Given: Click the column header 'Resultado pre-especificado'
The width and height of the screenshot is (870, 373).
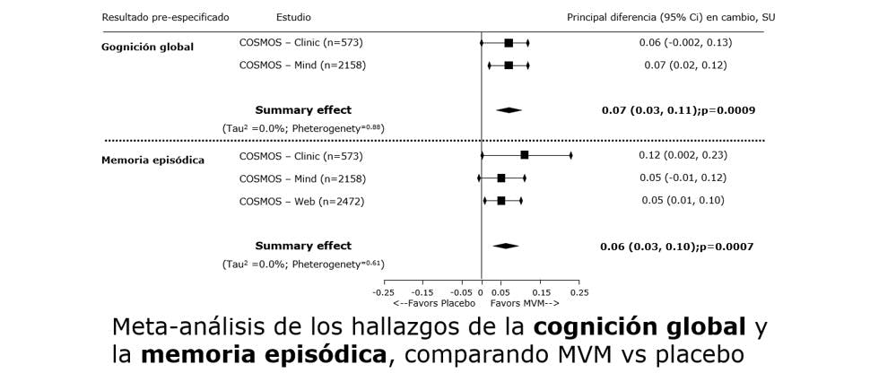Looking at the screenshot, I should [x=165, y=17].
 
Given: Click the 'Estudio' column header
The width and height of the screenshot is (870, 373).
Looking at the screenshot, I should [x=294, y=17].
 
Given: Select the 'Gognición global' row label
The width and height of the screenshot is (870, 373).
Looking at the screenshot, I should [x=147, y=47].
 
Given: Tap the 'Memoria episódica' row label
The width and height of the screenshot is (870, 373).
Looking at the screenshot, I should [x=152, y=160].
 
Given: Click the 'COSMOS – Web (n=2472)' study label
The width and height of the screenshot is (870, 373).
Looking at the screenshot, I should [x=301, y=201].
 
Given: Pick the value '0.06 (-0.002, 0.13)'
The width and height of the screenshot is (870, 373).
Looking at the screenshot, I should [x=685, y=42].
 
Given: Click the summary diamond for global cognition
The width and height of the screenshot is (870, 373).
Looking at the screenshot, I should [x=509, y=110].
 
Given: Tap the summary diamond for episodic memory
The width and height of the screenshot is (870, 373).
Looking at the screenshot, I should [x=505, y=246].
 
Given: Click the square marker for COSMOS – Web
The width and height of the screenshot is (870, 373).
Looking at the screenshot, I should [x=501, y=201].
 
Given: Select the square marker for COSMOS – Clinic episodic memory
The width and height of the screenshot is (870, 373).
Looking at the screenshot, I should [x=525, y=155].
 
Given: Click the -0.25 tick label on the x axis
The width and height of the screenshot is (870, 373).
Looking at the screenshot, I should [x=383, y=291].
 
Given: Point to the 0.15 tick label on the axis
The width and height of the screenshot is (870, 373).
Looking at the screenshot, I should [x=541, y=291].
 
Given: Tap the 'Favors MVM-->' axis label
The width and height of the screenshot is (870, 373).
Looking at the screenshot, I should [x=525, y=303].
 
